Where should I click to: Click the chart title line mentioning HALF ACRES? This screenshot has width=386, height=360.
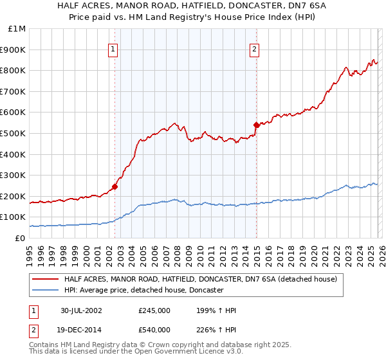pos(193,5)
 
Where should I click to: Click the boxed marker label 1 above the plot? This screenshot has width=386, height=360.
pos(113,48)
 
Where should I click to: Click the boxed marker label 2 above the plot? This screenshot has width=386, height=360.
pos(255,48)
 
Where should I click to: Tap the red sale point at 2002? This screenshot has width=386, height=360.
pos(115,187)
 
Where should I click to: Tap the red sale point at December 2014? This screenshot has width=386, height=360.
pos(256,125)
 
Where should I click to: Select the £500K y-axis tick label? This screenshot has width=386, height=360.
pos(14,133)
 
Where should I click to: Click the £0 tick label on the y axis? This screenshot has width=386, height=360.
pos(20,238)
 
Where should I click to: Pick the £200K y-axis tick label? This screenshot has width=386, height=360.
pos(14,196)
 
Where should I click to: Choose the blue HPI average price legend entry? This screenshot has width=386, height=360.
pos(143,291)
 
